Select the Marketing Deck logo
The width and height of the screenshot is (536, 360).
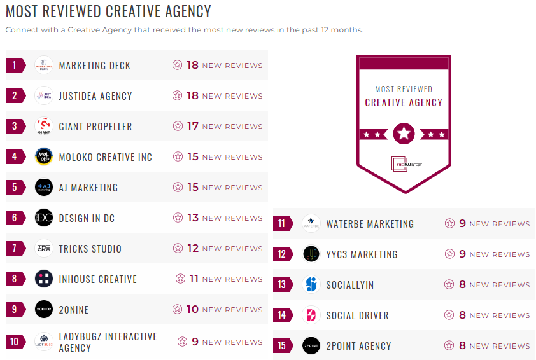coord(44,66)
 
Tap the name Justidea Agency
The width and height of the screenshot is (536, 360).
coord(95,96)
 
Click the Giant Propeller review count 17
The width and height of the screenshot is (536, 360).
coord(193,127)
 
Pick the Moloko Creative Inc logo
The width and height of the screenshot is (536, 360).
coord(44,157)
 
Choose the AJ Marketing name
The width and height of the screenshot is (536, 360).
coord(88,188)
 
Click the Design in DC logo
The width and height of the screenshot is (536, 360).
coord(44,218)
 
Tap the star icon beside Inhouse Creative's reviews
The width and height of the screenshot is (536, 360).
coord(180,279)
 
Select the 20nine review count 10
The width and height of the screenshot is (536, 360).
coord(193,310)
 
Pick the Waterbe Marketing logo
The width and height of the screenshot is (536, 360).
coord(311,224)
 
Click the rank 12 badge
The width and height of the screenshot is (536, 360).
coord(282,254)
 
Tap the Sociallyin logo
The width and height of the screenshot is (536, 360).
coord(311,285)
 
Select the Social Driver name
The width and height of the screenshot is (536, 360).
coord(357,315)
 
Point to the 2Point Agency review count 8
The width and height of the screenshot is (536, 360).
coord(463,346)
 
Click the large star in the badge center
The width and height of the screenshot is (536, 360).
coord(404,134)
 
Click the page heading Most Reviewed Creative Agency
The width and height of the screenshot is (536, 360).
coord(108,11)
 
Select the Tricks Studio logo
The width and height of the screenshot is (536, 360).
coord(44,249)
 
